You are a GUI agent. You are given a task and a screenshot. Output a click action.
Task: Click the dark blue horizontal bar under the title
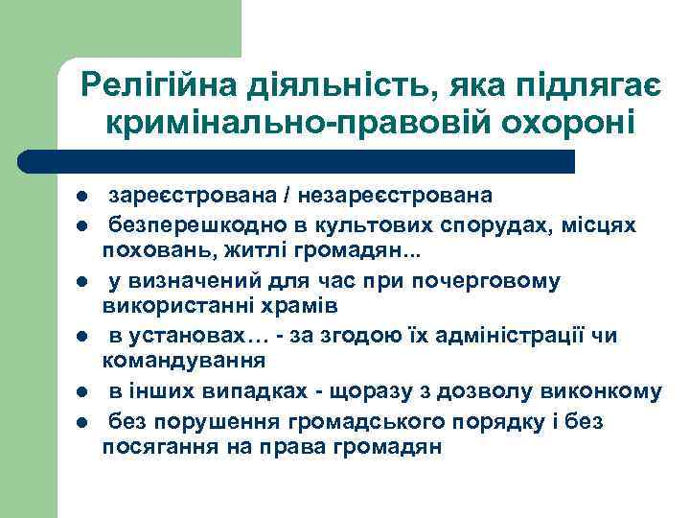(297, 160)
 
